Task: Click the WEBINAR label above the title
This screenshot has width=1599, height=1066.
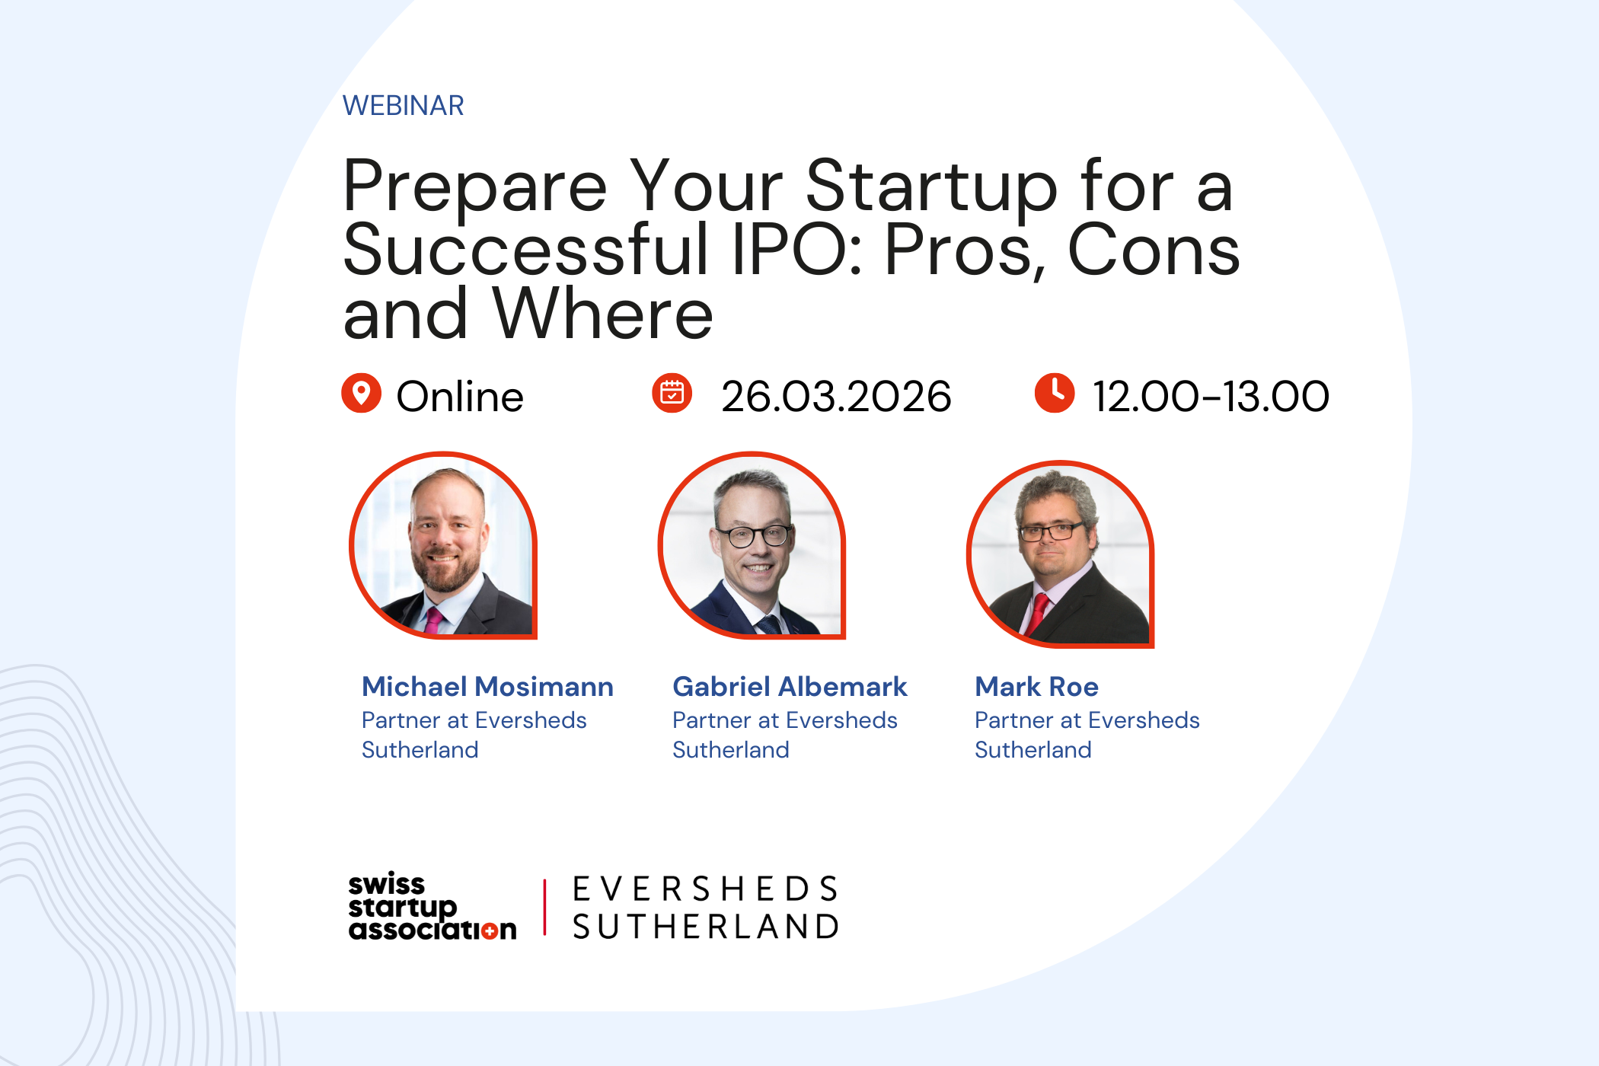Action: (403, 106)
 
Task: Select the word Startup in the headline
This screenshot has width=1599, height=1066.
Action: (931, 187)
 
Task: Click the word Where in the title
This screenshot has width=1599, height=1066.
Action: (603, 314)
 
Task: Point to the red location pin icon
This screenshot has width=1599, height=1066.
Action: (361, 393)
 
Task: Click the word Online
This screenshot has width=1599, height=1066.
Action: (460, 397)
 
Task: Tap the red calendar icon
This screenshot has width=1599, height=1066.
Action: (672, 393)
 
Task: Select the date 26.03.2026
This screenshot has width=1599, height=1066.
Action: (836, 397)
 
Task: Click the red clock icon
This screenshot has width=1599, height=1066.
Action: (1054, 393)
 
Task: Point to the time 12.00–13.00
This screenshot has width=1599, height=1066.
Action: (1211, 397)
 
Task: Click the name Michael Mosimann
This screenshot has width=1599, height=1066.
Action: (487, 687)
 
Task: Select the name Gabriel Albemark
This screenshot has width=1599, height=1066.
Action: (790, 687)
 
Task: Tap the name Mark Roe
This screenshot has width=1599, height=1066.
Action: (1036, 687)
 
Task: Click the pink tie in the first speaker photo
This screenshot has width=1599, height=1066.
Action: (433, 621)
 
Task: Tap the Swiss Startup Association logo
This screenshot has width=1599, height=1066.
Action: (432, 907)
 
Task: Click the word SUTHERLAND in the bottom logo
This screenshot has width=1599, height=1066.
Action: (706, 927)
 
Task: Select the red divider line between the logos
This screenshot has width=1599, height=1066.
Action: (545, 907)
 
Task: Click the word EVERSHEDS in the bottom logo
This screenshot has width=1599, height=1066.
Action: (706, 889)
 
